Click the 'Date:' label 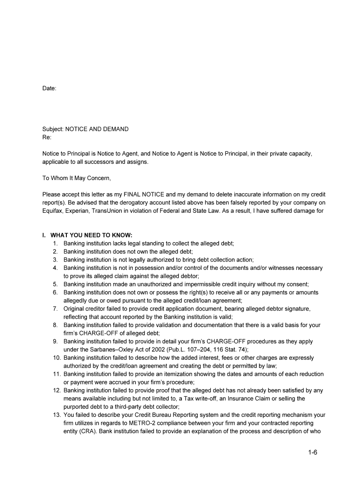[x=49, y=88]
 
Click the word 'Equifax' [x=52, y=210]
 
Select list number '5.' [x=55, y=284]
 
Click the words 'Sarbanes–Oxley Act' [x=107, y=349]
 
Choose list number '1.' [x=55, y=243]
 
